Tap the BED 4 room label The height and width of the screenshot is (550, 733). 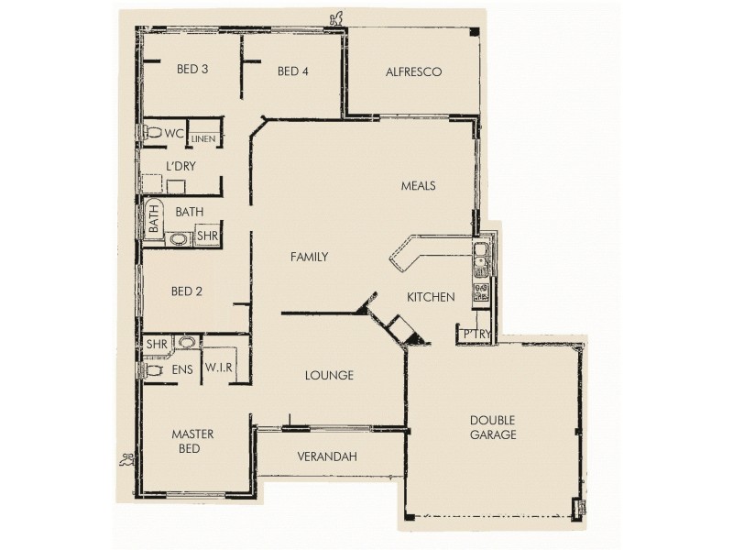click(292, 71)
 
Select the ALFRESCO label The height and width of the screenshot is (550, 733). click(414, 71)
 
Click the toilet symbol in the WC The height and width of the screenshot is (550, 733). click(151, 133)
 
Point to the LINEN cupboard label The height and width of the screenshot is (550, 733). click(204, 137)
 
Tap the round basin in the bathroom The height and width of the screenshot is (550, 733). click(178, 239)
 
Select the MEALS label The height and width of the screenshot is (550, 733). click(418, 185)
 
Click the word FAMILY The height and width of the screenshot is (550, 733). click(309, 258)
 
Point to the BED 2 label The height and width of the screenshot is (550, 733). click(186, 291)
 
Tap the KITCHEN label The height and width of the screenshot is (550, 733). click(431, 297)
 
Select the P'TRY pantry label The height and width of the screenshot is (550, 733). click(475, 334)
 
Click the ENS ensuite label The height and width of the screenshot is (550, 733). click(181, 369)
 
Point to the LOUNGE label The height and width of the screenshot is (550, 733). click(329, 375)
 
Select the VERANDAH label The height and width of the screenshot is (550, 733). click(327, 456)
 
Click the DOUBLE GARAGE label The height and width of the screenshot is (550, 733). click(494, 427)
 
